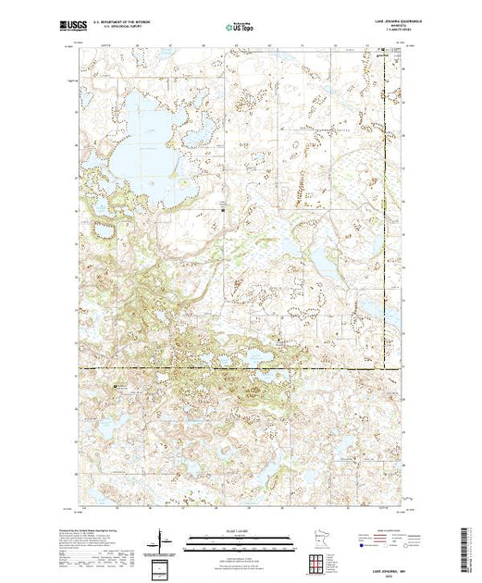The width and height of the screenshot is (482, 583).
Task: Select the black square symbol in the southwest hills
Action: (x=117, y=385)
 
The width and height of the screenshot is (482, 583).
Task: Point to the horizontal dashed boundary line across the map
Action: (x=231, y=368)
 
